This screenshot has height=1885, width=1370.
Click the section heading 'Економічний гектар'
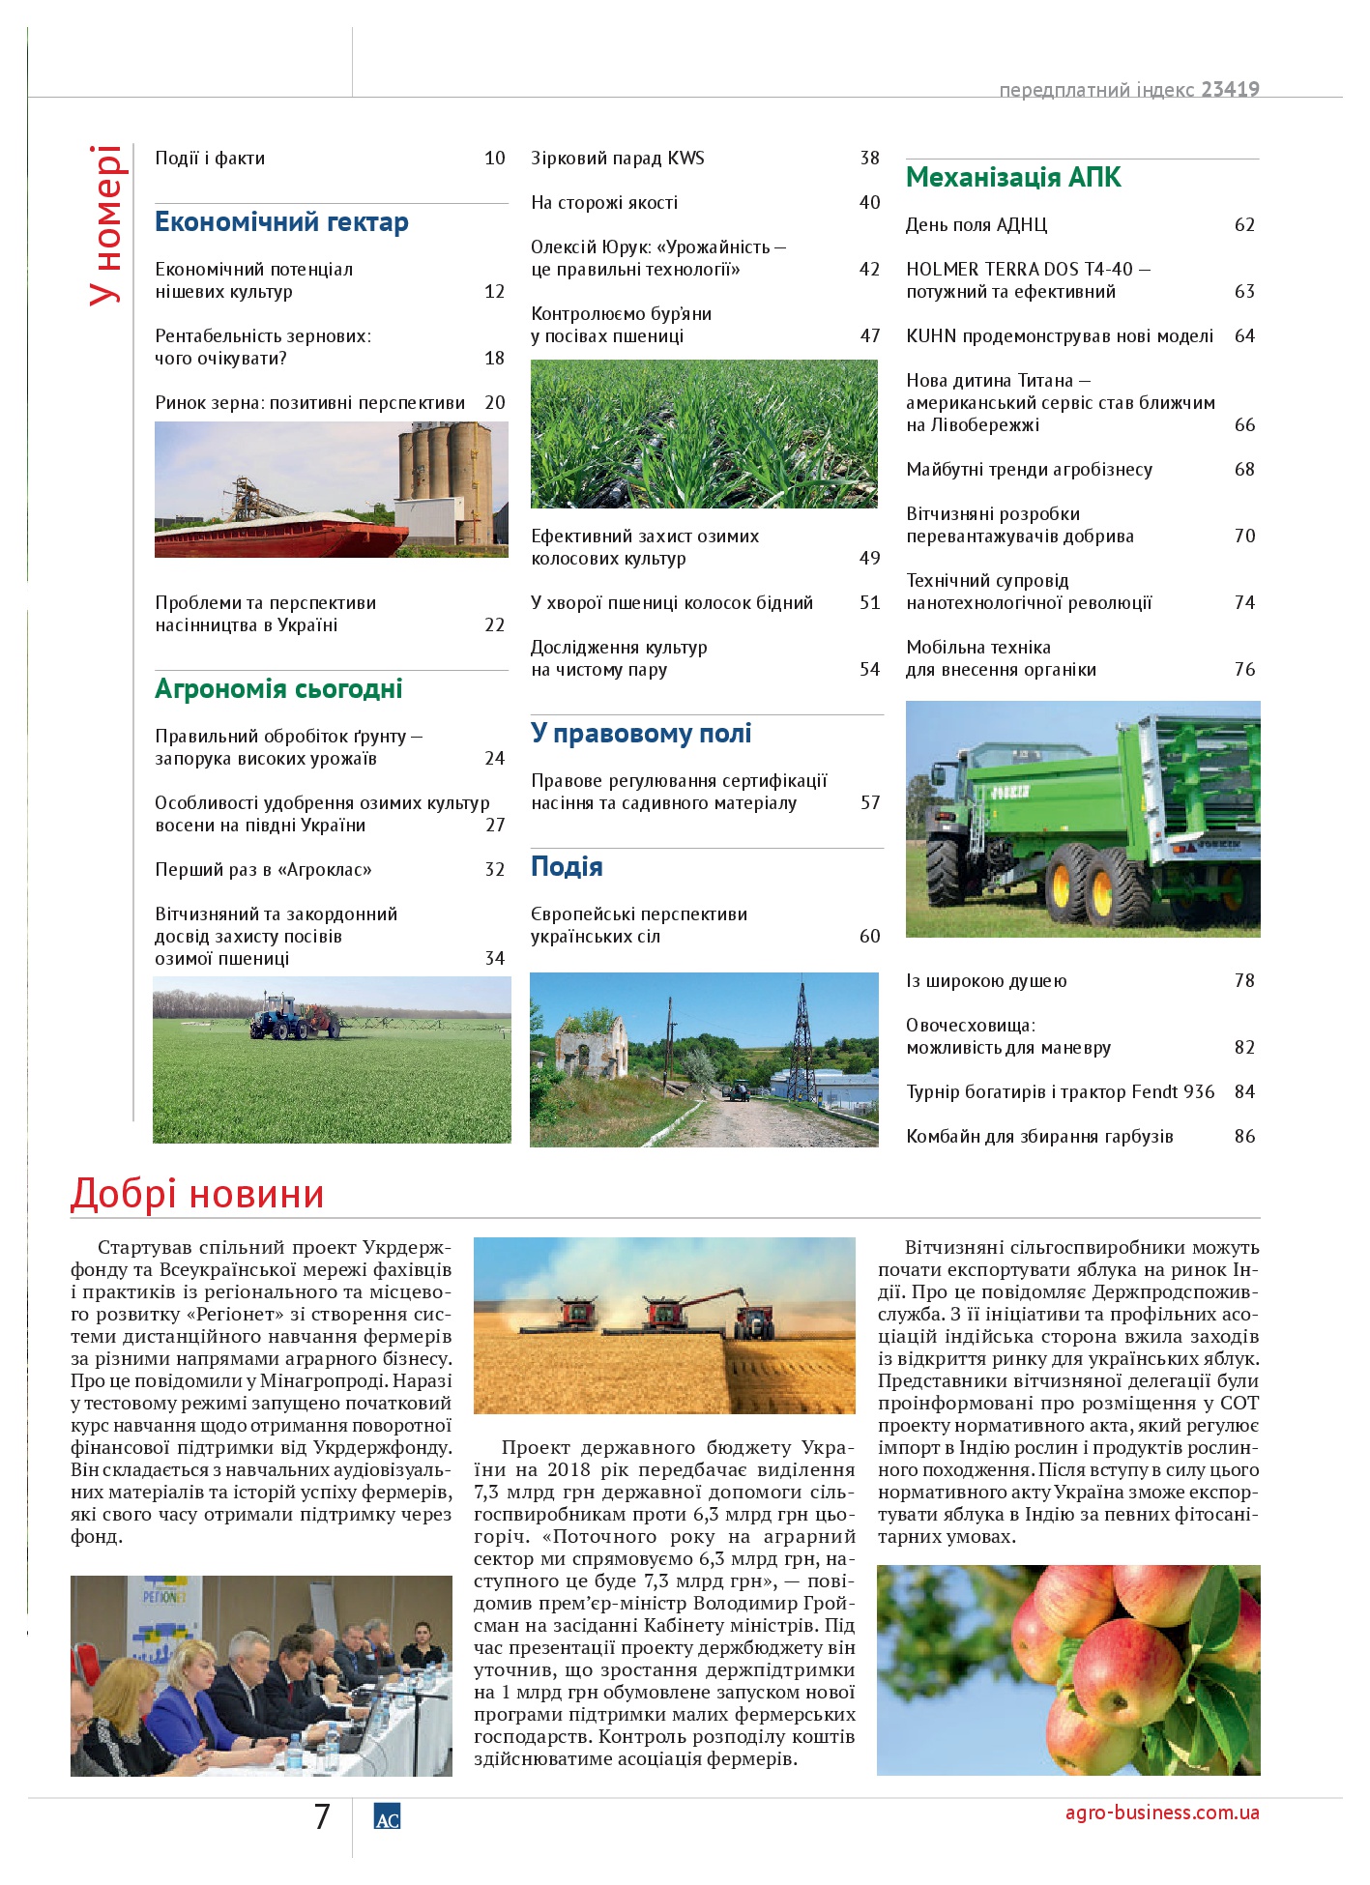[x=281, y=222]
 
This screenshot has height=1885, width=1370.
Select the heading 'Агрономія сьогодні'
[x=278, y=689]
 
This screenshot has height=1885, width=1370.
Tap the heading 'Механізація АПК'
[x=1013, y=178]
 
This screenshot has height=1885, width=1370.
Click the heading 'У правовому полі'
[x=641, y=734]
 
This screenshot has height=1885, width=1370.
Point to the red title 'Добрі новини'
[x=197, y=1194]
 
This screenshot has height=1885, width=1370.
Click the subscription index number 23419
[x=1230, y=90]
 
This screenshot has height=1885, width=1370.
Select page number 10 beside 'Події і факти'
[x=494, y=159]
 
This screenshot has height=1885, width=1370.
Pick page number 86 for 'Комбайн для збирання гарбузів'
[x=1244, y=1137]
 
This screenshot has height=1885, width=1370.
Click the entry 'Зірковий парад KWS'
[x=618, y=159]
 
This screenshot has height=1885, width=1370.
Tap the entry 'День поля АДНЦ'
[x=976, y=225]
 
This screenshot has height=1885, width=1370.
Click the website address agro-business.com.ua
[x=1161, y=1812]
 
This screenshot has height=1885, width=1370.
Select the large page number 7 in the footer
[x=322, y=1817]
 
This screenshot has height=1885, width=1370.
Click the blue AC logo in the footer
[x=387, y=1817]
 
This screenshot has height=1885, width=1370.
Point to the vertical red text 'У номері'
[x=106, y=225]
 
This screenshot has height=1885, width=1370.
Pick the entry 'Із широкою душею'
[x=986, y=981]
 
